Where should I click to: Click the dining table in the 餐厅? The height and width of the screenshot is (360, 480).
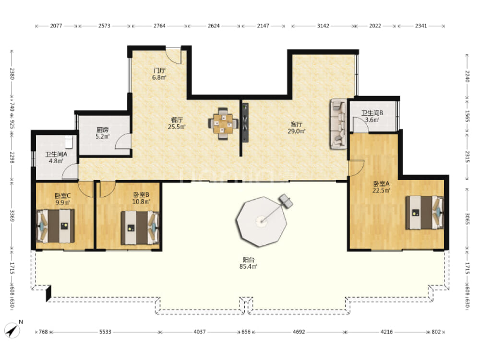(223, 124)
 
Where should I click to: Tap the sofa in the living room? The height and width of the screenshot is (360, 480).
(338, 124)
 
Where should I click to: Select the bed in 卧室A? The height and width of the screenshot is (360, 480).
(425, 213)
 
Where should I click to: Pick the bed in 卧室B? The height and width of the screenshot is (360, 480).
(140, 228)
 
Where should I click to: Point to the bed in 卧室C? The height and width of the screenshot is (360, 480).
(55, 226)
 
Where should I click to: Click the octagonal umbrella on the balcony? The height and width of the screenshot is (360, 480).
(261, 221)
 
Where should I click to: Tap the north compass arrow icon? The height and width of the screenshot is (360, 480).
(12, 330)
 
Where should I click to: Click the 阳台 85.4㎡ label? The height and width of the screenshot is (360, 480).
(248, 263)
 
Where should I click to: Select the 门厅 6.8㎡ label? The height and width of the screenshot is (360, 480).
(159, 74)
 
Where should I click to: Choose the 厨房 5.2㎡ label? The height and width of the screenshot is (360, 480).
(103, 133)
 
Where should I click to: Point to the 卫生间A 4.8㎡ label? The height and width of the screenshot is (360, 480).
(56, 157)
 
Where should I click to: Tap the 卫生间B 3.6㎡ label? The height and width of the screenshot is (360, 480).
(372, 116)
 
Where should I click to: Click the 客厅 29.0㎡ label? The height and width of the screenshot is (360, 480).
(296, 128)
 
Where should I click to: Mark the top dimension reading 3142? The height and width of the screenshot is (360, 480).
(323, 26)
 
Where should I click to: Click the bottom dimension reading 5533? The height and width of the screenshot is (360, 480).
(105, 332)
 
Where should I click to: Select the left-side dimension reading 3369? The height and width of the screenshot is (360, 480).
(12, 216)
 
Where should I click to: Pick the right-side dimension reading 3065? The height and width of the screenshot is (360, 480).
(467, 219)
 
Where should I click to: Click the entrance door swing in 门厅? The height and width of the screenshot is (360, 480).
(174, 55)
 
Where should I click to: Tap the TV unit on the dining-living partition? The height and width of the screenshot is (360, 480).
(245, 122)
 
